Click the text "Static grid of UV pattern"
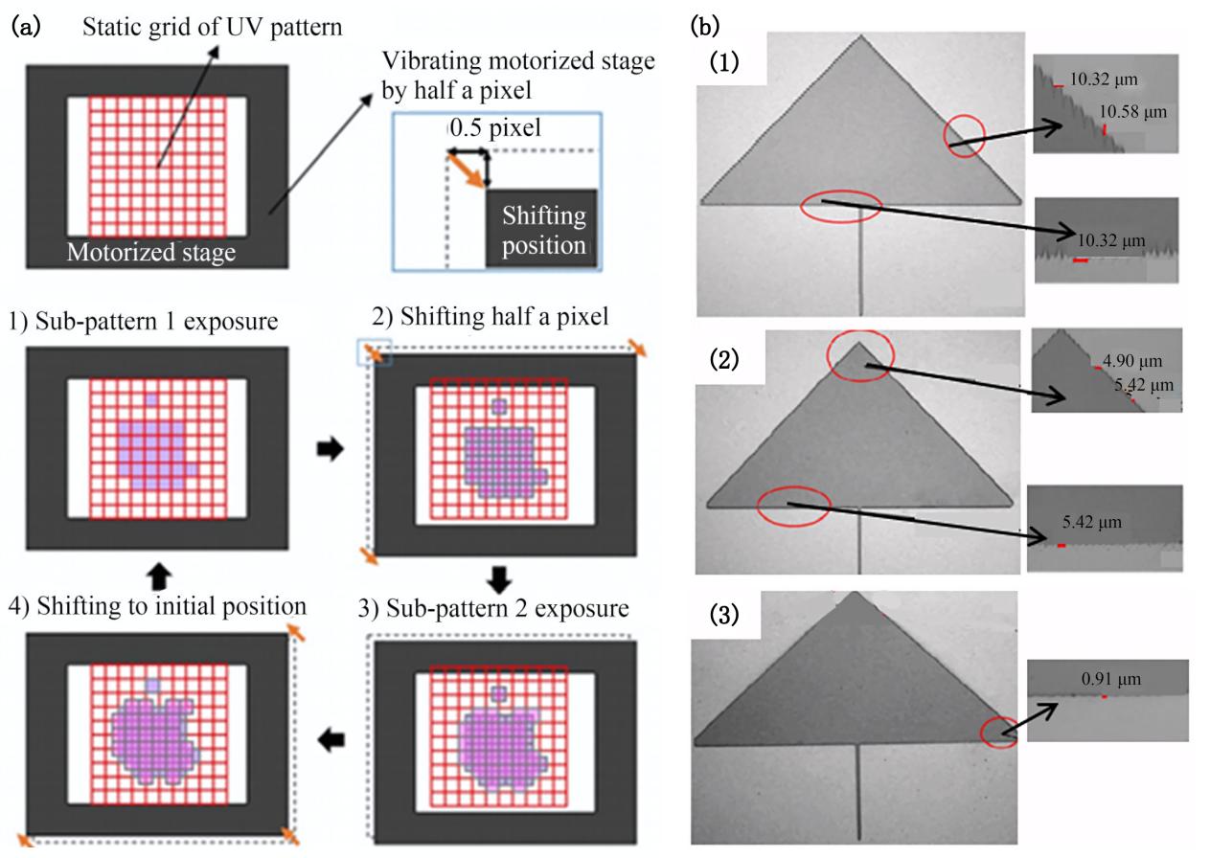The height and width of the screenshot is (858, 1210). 211,28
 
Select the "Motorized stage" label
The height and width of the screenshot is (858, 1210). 151,253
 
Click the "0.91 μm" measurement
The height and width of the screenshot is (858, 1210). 1107,679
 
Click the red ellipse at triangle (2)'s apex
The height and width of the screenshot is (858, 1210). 859,355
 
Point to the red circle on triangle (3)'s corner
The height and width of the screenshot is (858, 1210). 999,734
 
